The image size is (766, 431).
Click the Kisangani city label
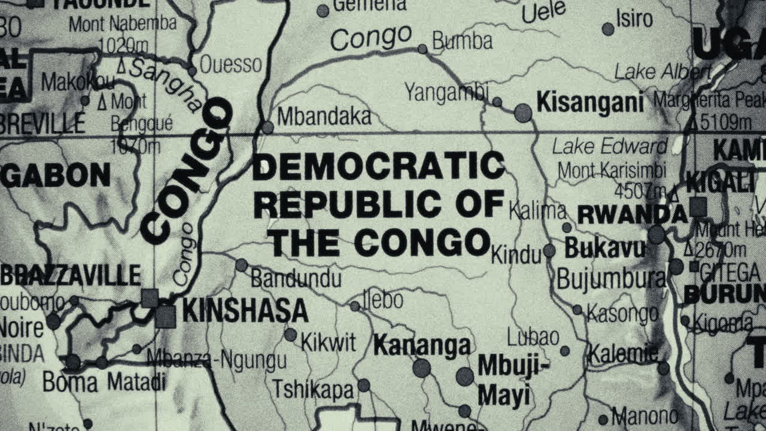tap(589, 102)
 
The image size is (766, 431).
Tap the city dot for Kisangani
tap(523, 113)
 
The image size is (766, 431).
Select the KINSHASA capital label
tap(245, 311)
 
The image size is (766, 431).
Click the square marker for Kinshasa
tap(166, 317)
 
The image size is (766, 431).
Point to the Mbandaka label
tap(324, 117)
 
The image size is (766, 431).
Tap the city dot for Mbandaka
tap(268, 127)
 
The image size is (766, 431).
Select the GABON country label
tap(56, 175)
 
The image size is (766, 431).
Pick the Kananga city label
tap(422, 345)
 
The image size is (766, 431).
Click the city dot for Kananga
tap(421, 368)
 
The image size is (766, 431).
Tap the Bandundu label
tap(296, 278)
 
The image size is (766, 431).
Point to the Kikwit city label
tap(328, 342)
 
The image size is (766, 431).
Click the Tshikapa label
tap(314, 389)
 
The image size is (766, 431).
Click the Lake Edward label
tap(609, 146)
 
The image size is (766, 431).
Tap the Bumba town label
tap(462, 41)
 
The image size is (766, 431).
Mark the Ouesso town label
tap(230, 64)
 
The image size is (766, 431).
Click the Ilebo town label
tap(383, 300)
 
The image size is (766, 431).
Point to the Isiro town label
tap(634, 20)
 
